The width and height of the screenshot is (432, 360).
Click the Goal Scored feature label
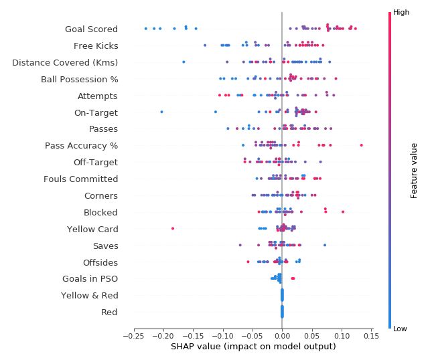point(91,29)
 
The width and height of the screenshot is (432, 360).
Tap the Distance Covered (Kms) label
point(65,62)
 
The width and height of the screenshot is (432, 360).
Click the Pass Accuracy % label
point(81,145)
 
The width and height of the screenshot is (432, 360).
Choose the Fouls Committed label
point(80,179)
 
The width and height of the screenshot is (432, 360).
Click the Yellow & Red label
point(89,295)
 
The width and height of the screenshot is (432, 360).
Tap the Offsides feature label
point(100,262)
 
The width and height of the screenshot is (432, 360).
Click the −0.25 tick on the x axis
point(134,336)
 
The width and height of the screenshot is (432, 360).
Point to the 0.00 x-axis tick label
point(282,336)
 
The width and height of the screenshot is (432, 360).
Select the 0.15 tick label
point(370,336)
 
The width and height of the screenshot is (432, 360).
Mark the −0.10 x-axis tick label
point(223,336)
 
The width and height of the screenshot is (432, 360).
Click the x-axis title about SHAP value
point(253,347)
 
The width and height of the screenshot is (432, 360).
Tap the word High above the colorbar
point(401,12)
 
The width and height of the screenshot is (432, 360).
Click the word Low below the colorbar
point(401,329)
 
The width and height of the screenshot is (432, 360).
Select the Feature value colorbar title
point(414,171)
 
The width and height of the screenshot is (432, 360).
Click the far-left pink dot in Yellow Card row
point(173,228)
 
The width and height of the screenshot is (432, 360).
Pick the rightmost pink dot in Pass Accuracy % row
point(362,145)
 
